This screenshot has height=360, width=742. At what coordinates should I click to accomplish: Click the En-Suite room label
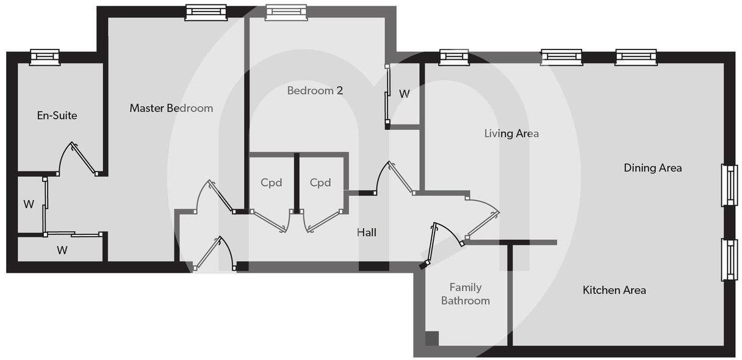(57, 115)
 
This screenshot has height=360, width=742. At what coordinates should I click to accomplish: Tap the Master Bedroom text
(171, 108)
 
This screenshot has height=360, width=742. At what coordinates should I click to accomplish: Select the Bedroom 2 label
(315, 90)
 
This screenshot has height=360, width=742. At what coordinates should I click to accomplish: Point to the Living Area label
(511, 133)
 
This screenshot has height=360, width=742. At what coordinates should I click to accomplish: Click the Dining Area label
(652, 168)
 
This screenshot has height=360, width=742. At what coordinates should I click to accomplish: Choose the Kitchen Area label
(614, 290)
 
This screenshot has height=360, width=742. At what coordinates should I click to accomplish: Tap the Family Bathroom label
(465, 294)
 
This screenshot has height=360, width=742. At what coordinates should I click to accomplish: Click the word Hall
(366, 232)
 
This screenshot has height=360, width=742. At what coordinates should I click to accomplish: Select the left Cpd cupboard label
(271, 182)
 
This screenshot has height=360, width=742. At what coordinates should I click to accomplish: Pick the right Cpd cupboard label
(320, 182)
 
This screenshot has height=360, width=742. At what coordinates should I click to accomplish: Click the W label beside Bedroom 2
(404, 94)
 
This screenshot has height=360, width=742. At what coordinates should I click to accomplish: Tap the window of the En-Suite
(45, 57)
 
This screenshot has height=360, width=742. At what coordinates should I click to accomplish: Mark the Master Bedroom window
(206, 12)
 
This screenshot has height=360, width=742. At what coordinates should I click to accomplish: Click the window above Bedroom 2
(286, 12)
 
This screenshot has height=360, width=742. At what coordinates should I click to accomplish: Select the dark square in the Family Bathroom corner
(431, 338)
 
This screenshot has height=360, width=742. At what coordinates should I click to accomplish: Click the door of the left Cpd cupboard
(269, 221)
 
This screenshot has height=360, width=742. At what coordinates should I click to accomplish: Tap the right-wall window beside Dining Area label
(729, 185)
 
